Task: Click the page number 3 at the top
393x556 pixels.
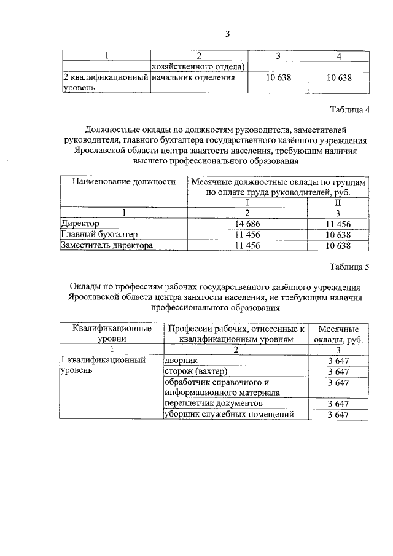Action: point(227,34)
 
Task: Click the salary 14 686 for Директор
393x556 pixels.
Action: point(247,224)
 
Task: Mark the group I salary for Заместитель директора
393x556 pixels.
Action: point(247,246)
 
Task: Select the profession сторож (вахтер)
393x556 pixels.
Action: point(196,372)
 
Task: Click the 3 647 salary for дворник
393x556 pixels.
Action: point(338,361)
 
